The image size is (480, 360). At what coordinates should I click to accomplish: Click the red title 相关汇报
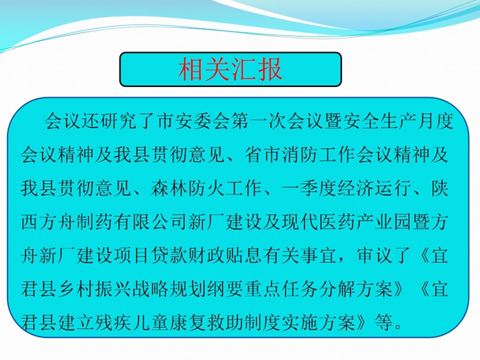click(x=230, y=69)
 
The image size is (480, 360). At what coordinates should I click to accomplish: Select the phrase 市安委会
click(x=193, y=121)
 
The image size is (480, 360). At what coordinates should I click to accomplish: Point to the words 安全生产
click(x=379, y=121)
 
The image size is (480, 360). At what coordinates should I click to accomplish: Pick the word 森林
click(x=169, y=189)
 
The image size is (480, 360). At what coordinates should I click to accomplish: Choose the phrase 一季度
click(x=309, y=189)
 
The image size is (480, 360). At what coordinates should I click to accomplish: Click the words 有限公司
click(x=150, y=222)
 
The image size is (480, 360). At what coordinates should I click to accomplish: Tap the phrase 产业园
click(x=383, y=222)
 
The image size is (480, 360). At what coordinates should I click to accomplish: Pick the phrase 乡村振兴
click(x=95, y=289)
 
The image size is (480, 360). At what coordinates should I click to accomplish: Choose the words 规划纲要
click(x=206, y=289)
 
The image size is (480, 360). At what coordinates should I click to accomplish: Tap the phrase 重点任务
click(x=280, y=289)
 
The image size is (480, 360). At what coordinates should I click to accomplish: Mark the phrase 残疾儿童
click(x=132, y=322)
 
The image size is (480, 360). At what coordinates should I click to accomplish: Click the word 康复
click(x=189, y=322)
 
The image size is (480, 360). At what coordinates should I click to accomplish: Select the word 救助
click(x=226, y=322)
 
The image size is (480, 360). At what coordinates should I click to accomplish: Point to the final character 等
click(x=383, y=322)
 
